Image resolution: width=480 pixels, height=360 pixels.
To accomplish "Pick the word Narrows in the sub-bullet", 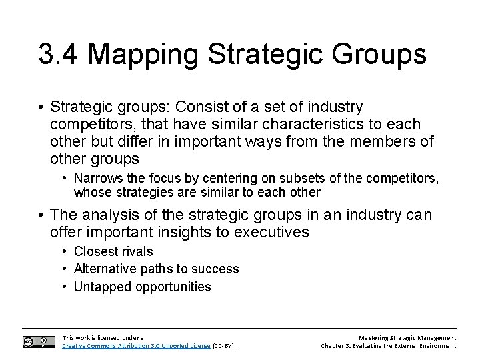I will coord(95,179).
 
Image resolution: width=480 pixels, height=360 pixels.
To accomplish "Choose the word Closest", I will coord(95,251).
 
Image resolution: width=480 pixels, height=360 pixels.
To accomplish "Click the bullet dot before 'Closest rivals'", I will coord(64,252).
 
